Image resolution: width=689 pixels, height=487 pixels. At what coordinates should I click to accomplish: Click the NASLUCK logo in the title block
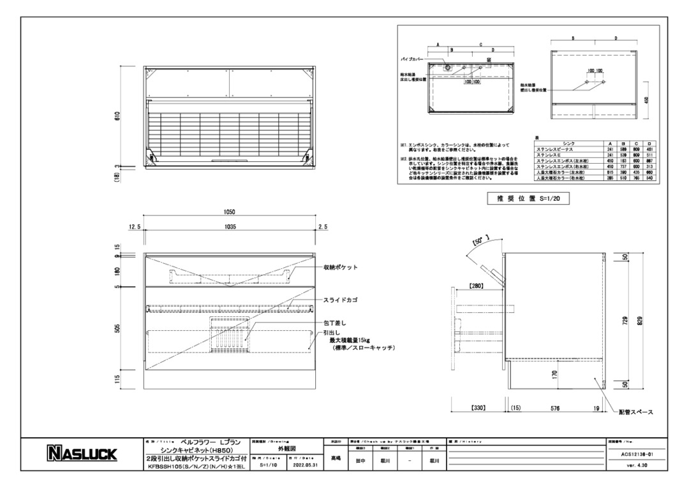pyautogui.click(x=81, y=454)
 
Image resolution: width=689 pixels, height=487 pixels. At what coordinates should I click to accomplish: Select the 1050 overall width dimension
pyautogui.click(x=230, y=212)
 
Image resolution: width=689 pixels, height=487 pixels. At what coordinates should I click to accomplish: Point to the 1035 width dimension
pyautogui.click(x=230, y=226)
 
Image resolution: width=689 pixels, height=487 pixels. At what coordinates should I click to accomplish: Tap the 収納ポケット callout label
pyautogui.click(x=341, y=268)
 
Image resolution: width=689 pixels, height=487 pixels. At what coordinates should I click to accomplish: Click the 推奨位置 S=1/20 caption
pyautogui.click(x=523, y=199)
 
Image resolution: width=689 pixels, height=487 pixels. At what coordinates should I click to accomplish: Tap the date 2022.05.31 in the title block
pyautogui.click(x=304, y=465)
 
